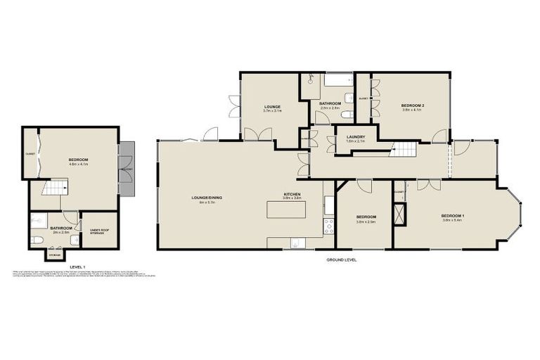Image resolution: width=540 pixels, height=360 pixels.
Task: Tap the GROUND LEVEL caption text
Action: (341, 259)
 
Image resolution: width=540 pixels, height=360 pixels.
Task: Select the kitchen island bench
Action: (286, 209)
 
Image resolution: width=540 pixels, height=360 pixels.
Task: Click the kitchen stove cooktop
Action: (328, 226)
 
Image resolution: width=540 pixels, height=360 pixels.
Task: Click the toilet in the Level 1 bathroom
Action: (37, 240)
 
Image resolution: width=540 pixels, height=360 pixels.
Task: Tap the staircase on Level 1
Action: (55, 187)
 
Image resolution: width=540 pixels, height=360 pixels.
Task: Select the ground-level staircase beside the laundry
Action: (404, 149)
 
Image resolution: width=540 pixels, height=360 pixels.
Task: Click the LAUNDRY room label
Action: (356, 127)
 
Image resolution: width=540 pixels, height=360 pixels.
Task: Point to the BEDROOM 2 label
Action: (411, 105)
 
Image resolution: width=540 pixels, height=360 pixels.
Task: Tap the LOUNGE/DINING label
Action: (207, 198)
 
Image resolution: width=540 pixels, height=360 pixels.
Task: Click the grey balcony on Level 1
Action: (126, 169)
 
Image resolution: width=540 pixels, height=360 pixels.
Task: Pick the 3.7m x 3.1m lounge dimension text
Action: (272, 111)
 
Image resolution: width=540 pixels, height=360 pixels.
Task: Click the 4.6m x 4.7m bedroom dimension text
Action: (78, 165)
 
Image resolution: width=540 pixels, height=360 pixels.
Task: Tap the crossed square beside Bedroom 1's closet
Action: (399, 216)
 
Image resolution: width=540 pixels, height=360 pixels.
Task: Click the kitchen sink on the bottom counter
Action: (297, 243)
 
